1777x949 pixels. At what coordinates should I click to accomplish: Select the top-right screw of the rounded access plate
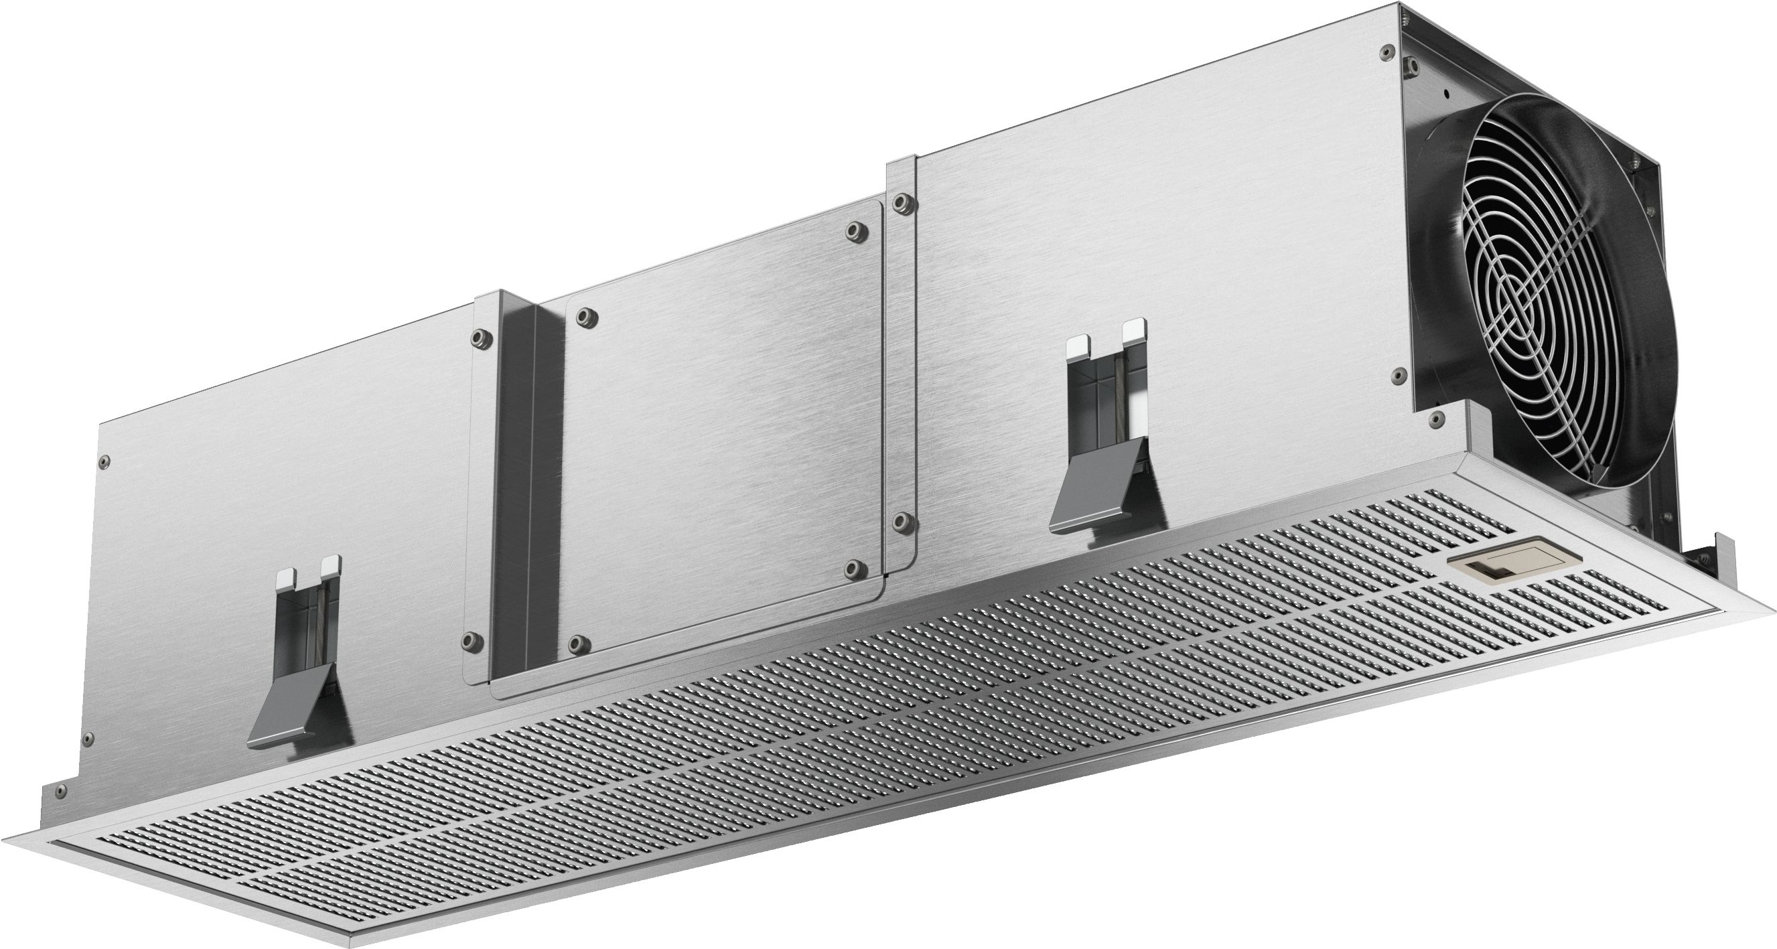(855, 230)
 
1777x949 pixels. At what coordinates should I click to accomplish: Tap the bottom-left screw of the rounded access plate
(575, 643)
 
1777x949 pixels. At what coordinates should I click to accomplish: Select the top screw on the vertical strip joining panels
(900, 203)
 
